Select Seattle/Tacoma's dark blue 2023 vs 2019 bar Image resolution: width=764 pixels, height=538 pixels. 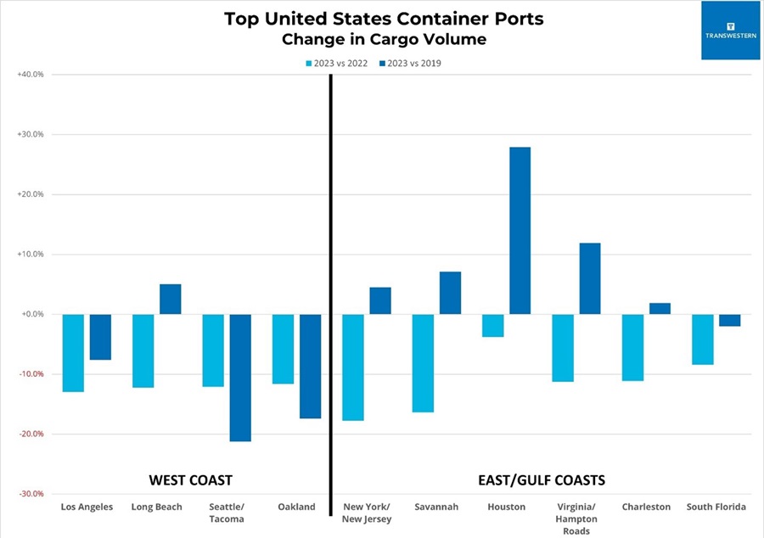pos(240,378)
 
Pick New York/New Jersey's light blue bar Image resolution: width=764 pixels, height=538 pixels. pos(352,367)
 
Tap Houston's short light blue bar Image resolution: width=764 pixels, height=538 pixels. pos(492,326)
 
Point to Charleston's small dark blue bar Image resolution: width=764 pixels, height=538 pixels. pos(660,309)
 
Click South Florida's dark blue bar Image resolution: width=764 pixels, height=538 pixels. pos(729,320)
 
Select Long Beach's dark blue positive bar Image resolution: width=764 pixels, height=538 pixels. pos(171,299)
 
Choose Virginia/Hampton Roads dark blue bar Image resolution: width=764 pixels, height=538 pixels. pos(589,278)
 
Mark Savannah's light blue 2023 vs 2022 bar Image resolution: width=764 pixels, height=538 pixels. pos(422,363)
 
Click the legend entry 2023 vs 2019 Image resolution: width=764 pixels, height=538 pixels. pos(411,64)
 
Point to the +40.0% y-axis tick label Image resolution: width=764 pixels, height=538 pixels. pos(30,75)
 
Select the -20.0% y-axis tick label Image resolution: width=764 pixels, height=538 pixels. pos(30,434)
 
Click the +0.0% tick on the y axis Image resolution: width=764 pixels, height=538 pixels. pos(31,314)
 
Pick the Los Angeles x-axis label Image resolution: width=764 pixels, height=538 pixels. pos(87,507)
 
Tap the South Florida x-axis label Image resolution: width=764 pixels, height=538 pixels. pos(716,507)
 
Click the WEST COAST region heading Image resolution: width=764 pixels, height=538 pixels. pos(190,480)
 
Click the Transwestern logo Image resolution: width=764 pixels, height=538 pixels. pos(729,31)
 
